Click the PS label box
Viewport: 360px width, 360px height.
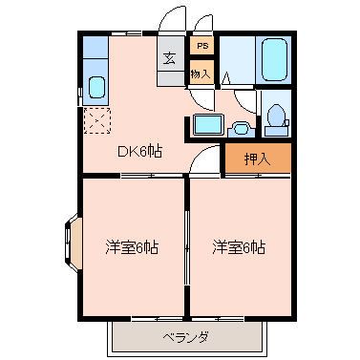[202, 46]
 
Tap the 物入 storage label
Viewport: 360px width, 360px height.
[201, 74]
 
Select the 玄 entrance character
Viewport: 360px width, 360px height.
[170, 58]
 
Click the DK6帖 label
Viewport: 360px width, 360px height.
[139, 152]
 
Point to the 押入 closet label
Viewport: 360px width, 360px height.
[257, 159]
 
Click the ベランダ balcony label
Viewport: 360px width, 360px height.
[186, 337]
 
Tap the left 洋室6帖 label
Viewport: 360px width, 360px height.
[132, 247]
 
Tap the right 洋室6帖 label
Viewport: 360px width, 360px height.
[239, 247]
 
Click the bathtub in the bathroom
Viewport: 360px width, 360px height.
[274, 59]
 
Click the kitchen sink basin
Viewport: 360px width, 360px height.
[96, 87]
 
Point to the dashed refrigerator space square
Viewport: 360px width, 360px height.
[97, 120]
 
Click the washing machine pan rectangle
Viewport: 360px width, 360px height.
[208, 124]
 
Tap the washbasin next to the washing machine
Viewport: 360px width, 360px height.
[241, 129]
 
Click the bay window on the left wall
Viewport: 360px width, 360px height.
[74, 244]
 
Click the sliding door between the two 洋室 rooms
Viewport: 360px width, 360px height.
[187, 246]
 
